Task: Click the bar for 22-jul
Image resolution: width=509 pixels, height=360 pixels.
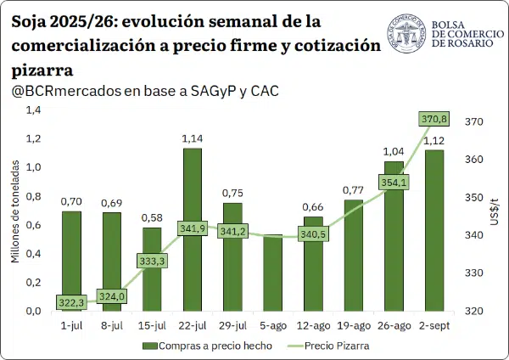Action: tap(193, 230)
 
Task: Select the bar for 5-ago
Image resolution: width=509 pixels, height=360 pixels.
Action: tap(273, 273)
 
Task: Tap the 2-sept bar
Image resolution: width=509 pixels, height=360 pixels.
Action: tap(434, 231)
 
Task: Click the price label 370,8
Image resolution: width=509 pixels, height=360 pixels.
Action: tap(434, 119)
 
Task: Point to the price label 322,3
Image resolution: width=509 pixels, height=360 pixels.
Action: tap(71, 303)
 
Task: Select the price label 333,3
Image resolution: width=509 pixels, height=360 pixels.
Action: tap(152, 261)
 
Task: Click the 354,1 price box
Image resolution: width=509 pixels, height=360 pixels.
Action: tap(394, 183)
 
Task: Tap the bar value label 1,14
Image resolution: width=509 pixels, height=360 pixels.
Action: tap(193, 138)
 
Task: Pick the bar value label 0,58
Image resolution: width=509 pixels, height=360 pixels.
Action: tap(152, 217)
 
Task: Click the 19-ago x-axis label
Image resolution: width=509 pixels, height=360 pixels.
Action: tap(354, 325)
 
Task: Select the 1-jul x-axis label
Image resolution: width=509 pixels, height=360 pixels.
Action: tap(72, 325)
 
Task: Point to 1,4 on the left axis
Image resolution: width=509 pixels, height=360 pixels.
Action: tap(34, 110)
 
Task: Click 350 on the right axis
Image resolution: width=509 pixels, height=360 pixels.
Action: tap(474, 198)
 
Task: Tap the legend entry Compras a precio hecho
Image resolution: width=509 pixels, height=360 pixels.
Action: tap(208, 346)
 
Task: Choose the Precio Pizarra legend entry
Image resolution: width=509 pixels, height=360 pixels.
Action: tap(328, 346)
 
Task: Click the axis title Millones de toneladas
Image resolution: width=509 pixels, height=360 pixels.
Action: tap(15, 211)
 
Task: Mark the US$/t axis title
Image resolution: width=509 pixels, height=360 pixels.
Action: tap(494, 211)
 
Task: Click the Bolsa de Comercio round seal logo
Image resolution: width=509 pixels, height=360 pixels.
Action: tap(406, 33)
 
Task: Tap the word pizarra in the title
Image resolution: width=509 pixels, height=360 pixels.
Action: tap(42, 70)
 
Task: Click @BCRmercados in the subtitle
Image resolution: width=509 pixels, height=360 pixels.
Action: tap(66, 92)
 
